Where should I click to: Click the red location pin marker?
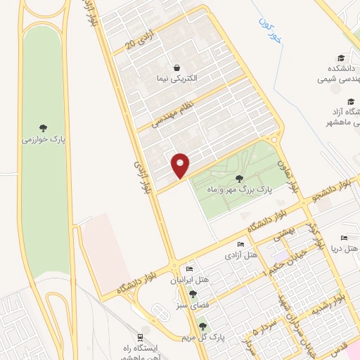pos(181,165)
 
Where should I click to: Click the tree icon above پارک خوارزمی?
pos(44,128)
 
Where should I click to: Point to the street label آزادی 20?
pos(139,45)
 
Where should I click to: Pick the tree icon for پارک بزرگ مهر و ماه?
pos(240,178)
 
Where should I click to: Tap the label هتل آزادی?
pos(240,255)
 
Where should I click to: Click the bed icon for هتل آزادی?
pos(241,245)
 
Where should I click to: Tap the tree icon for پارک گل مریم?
pos(203,326)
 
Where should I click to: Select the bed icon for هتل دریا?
pos(344,238)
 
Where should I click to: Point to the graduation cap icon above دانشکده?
pos(341,58)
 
